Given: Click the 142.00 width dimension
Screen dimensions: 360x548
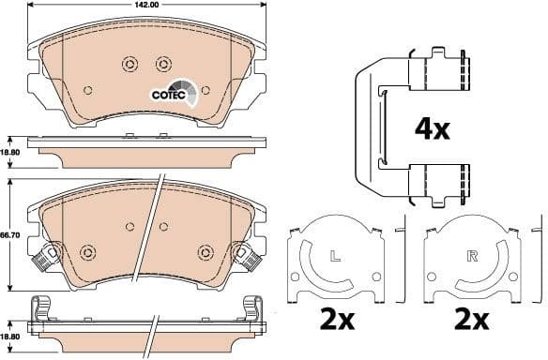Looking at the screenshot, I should [145, 5].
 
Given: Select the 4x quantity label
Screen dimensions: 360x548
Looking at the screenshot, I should [433, 128].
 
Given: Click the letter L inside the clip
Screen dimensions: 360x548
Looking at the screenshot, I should [335, 255].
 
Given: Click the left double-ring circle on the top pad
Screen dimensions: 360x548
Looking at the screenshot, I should [129, 63].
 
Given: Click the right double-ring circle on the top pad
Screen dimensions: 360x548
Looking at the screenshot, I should [162, 63].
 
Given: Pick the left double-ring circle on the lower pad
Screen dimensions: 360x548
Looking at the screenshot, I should [89, 252].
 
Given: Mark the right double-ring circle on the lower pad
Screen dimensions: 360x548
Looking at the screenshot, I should [205, 251].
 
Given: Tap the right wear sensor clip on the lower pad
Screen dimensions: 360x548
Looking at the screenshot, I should [251, 254].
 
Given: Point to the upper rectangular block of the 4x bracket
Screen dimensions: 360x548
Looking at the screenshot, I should [442, 70].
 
